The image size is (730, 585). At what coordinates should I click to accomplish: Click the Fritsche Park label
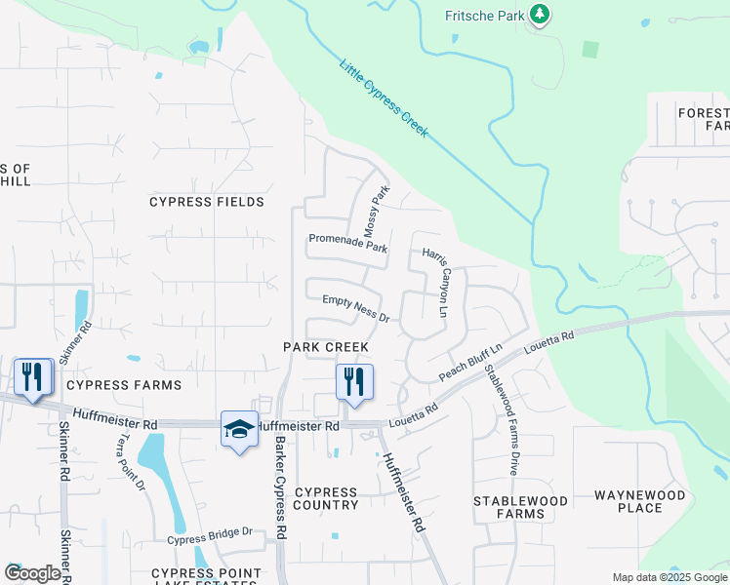coord(483,16)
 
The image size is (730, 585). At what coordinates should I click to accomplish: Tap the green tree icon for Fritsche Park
coord(539,15)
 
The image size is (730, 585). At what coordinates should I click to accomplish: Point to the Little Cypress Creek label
coord(384,98)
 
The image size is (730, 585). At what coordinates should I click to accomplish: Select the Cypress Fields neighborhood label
coord(207,202)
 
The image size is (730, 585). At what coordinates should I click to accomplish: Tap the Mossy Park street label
coord(376,212)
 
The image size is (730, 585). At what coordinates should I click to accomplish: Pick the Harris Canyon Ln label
coord(434,282)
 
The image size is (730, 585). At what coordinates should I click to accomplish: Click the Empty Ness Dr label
coord(356,311)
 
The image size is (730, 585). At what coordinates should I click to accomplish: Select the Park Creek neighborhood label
coord(326,347)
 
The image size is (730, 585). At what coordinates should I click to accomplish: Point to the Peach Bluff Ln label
coord(470,362)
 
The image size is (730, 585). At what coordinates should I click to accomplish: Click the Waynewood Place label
coord(640,501)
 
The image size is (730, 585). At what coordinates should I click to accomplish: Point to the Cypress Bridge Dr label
coord(209,536)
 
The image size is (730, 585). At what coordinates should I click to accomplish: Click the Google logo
coord(33,574)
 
